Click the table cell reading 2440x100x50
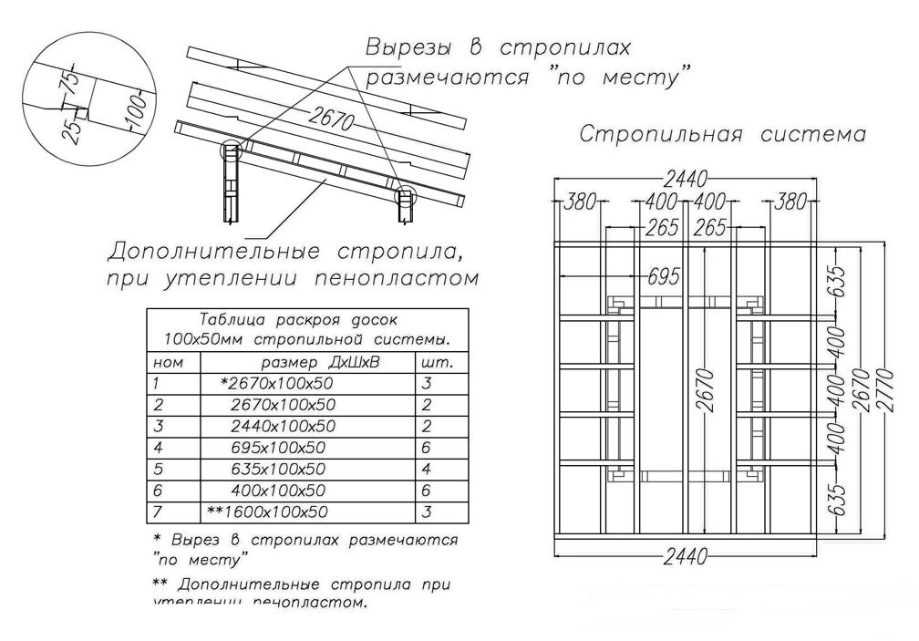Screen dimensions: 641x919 [x=284, y=427]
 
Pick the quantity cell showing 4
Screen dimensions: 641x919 [x=427, y=470]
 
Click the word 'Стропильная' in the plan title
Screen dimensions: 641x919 [x=662, y=135]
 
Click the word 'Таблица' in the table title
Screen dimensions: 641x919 [x=228, y=320]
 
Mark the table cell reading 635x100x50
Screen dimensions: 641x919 [x=279, y=470]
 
